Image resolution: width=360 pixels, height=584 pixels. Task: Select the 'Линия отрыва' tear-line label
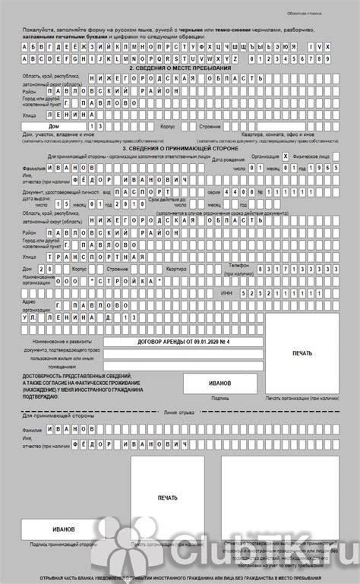[x=180, y=412]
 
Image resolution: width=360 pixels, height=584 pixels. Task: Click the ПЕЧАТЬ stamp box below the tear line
[x=167, y=498]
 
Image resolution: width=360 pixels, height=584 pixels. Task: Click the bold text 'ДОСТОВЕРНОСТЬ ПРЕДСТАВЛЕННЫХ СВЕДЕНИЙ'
[x=77, y=377]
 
